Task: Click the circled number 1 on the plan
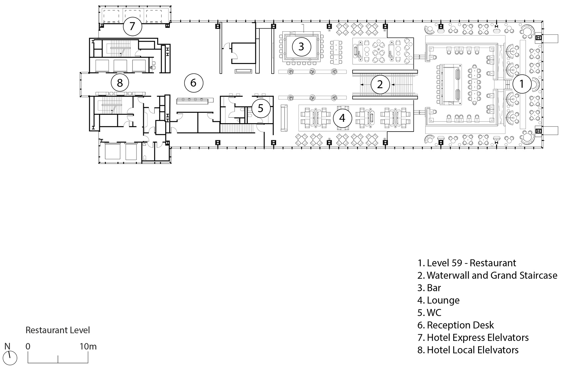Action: (x=521, y=84)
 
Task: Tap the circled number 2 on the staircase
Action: (x=380, y=84)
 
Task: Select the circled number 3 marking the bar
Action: (x=301, y=47)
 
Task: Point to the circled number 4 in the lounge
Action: (x=342, y=118)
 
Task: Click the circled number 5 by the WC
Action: (x=261, y=109)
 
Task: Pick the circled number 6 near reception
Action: (x=193, y=83)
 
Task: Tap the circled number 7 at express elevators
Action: (x=132, y=26)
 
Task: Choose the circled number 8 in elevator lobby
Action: (x=120, y=83)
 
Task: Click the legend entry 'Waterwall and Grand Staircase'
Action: (x=487, y=275)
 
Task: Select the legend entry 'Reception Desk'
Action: (x=455, y=325)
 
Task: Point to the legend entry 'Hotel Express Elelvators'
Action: (x=473, y=338)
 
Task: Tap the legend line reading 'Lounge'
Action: (x=438, y=300)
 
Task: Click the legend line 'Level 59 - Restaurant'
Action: (x=467, y=263)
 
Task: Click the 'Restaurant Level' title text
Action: (x=58, y=330)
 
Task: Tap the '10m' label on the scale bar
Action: (x=88, y=346)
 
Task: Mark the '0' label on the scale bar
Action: (x=28, y=346)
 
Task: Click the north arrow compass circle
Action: (x=10, y=358)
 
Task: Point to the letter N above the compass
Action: (x=7, y=346)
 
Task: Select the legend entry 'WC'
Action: (x=429, y=313)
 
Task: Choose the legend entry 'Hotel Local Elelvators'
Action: (x=468, y=350)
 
